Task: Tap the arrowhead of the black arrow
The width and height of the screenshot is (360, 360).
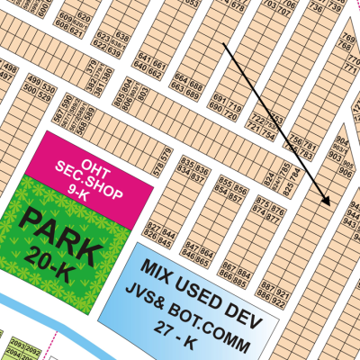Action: pyautogui.click(x=328, y=203)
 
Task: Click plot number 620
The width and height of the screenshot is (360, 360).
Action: pyautogui.click(x=84, y=18)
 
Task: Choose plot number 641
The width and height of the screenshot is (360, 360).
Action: pyautogui.click(x=140, y=64)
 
